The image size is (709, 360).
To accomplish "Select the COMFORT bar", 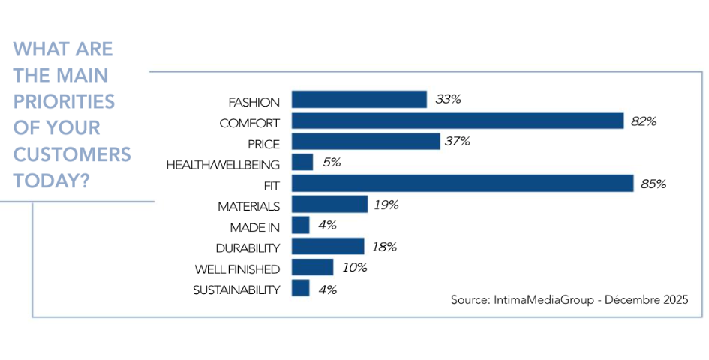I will (458, 121).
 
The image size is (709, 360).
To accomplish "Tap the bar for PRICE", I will (365, 142).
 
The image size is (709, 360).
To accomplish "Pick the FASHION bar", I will (359, 100).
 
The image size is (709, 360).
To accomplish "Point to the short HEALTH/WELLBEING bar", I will (302, 163).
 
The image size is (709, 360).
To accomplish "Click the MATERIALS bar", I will (329, 205).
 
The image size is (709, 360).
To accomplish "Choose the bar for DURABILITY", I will (328, 247).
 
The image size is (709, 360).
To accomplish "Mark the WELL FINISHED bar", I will (312, 268).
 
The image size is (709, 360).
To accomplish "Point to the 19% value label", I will (386, 205).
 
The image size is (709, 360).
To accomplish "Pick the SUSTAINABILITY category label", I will (236, 289).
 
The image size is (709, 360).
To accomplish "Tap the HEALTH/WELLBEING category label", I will (223, 164).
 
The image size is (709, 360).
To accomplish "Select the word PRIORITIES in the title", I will (64, 101).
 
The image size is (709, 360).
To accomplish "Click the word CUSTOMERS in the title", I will (72, 154).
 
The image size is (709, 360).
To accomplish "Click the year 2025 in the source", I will (672, 299).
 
